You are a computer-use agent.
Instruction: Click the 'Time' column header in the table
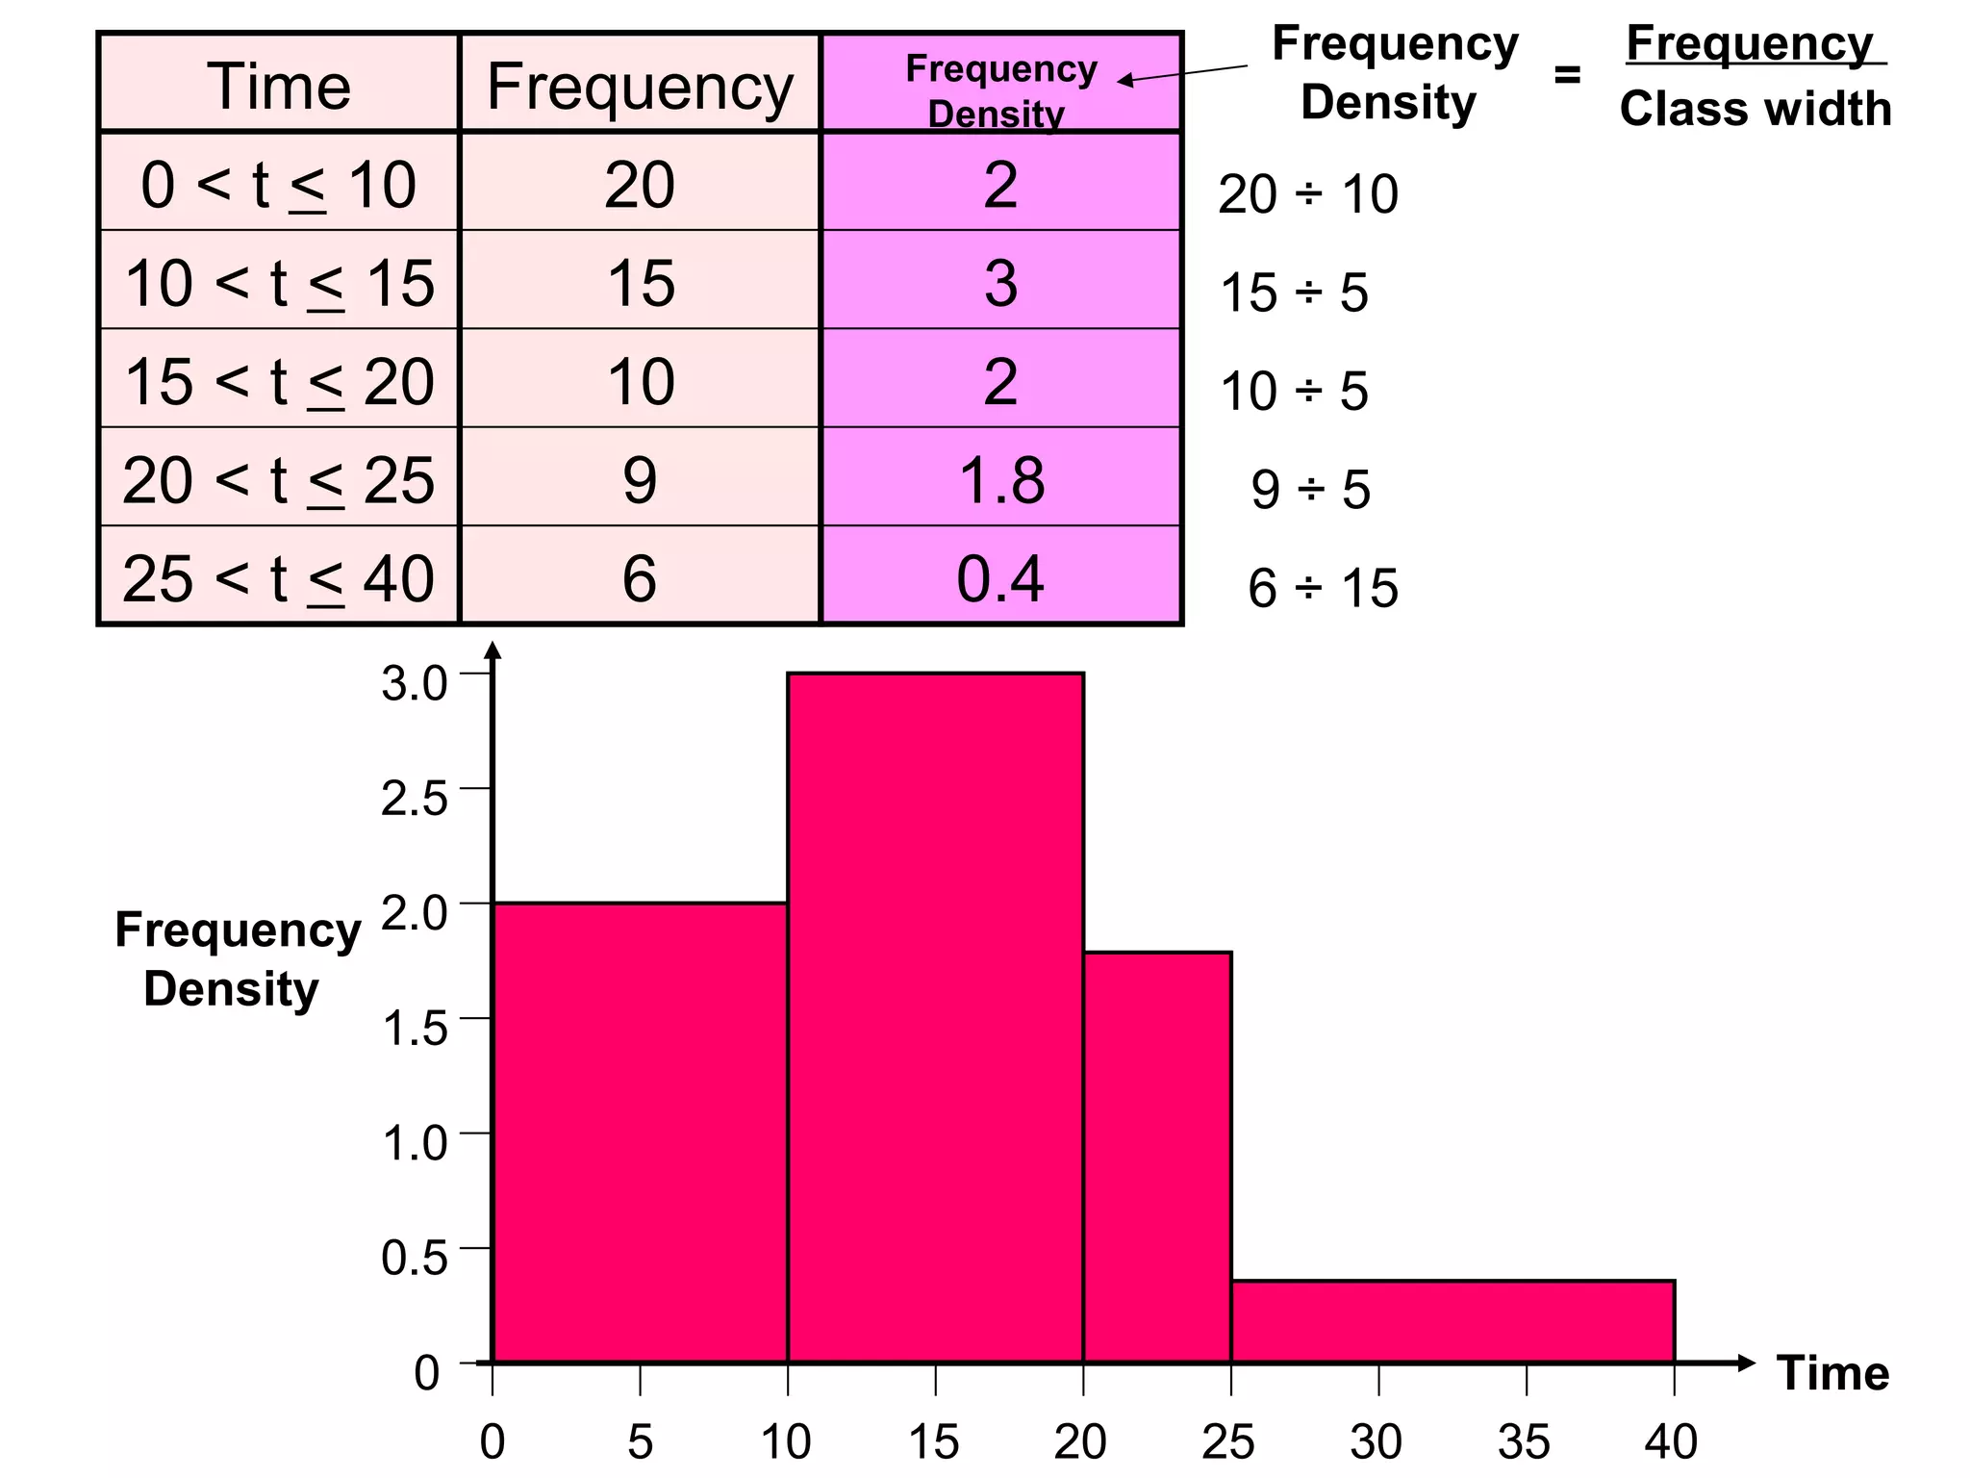tap(279, 86)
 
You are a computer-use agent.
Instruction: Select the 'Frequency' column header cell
tap(640, 86)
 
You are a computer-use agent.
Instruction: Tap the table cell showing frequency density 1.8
tap(1000, 479)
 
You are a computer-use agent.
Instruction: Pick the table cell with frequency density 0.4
tap(1000, 577)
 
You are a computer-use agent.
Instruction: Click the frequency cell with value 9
tap(640, 479)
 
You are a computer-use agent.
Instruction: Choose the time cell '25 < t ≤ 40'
tap(279, 577)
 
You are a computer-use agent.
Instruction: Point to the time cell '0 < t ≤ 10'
tap(279, 184)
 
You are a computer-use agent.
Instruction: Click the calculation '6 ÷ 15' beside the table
tap(1323, 587)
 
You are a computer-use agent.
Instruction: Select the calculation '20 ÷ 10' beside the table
tap(1307, 193)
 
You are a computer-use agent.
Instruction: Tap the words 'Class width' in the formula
tap(1755, 108)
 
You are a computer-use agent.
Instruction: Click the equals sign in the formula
tap(1567, 74)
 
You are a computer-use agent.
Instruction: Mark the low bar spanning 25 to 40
tap(1452, 1321)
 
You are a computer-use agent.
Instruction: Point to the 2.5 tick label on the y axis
tap(415, 799)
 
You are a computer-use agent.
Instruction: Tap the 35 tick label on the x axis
tap(1525, 1441)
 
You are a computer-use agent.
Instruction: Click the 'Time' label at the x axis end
tap(1833, 1372)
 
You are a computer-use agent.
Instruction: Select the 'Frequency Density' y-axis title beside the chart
tap(236, 959)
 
